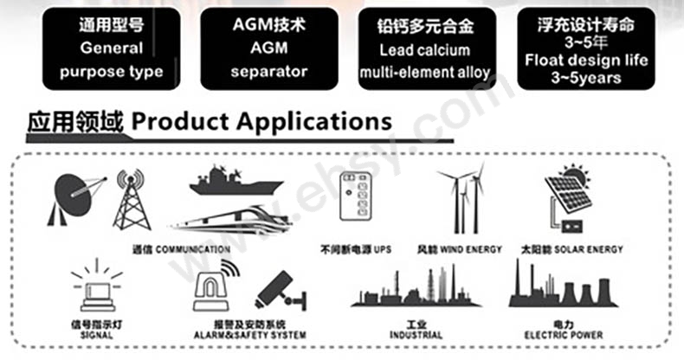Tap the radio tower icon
click(x=132, y=200)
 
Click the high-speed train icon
click(x=231, y=218)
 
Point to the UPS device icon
click(x=356, y=196)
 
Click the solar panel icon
click(x=568, y=199)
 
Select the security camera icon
click(x=281, y=291)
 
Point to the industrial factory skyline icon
click(x=416, y=286)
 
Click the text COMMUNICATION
click(x=193, y=250)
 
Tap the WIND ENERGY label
click(x=471, y=250)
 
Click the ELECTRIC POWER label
click(x=564, y=335)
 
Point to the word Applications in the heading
click(x=314, y=122)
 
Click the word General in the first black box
click(x=112, y=48)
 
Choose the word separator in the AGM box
click(x=269, y=72)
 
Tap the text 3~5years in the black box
click(x=586, y=78)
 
